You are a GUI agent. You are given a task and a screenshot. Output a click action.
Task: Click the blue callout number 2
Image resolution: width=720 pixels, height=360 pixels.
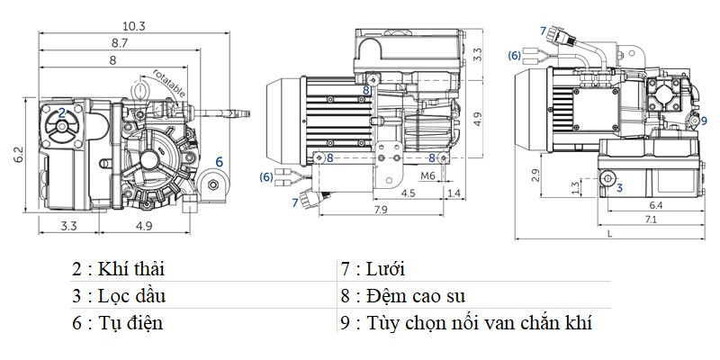(61, 113)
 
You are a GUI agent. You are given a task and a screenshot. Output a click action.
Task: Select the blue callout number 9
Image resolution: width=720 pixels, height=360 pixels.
(702, 121)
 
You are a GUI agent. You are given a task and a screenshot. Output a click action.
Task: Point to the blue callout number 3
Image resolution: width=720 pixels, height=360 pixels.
(619, 187)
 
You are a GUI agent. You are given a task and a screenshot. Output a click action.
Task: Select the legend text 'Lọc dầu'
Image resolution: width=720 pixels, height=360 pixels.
(136, 295)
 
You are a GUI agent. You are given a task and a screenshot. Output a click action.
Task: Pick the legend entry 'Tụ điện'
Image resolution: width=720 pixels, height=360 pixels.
(133, 321)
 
